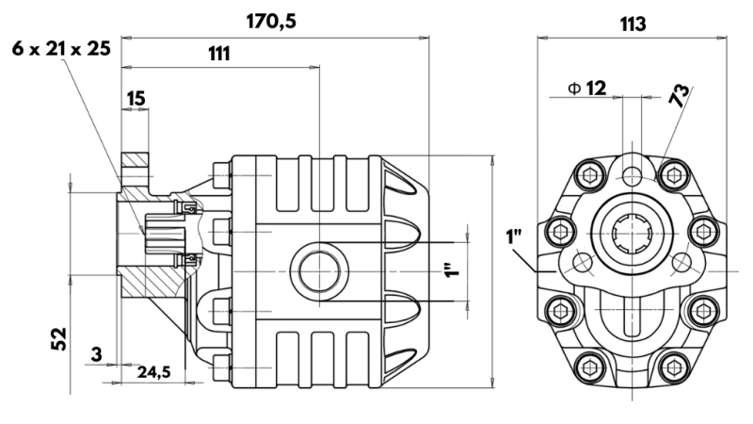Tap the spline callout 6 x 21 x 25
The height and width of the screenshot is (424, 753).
(61, 48)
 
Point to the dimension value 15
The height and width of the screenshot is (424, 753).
(136, 97)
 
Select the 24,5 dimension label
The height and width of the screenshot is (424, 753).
(154, 372)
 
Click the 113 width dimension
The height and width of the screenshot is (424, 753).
(633, 24)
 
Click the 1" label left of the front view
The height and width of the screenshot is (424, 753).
(514, 236)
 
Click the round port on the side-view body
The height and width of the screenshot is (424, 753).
(312, 269)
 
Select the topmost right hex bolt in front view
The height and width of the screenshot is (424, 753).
(671, 173)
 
